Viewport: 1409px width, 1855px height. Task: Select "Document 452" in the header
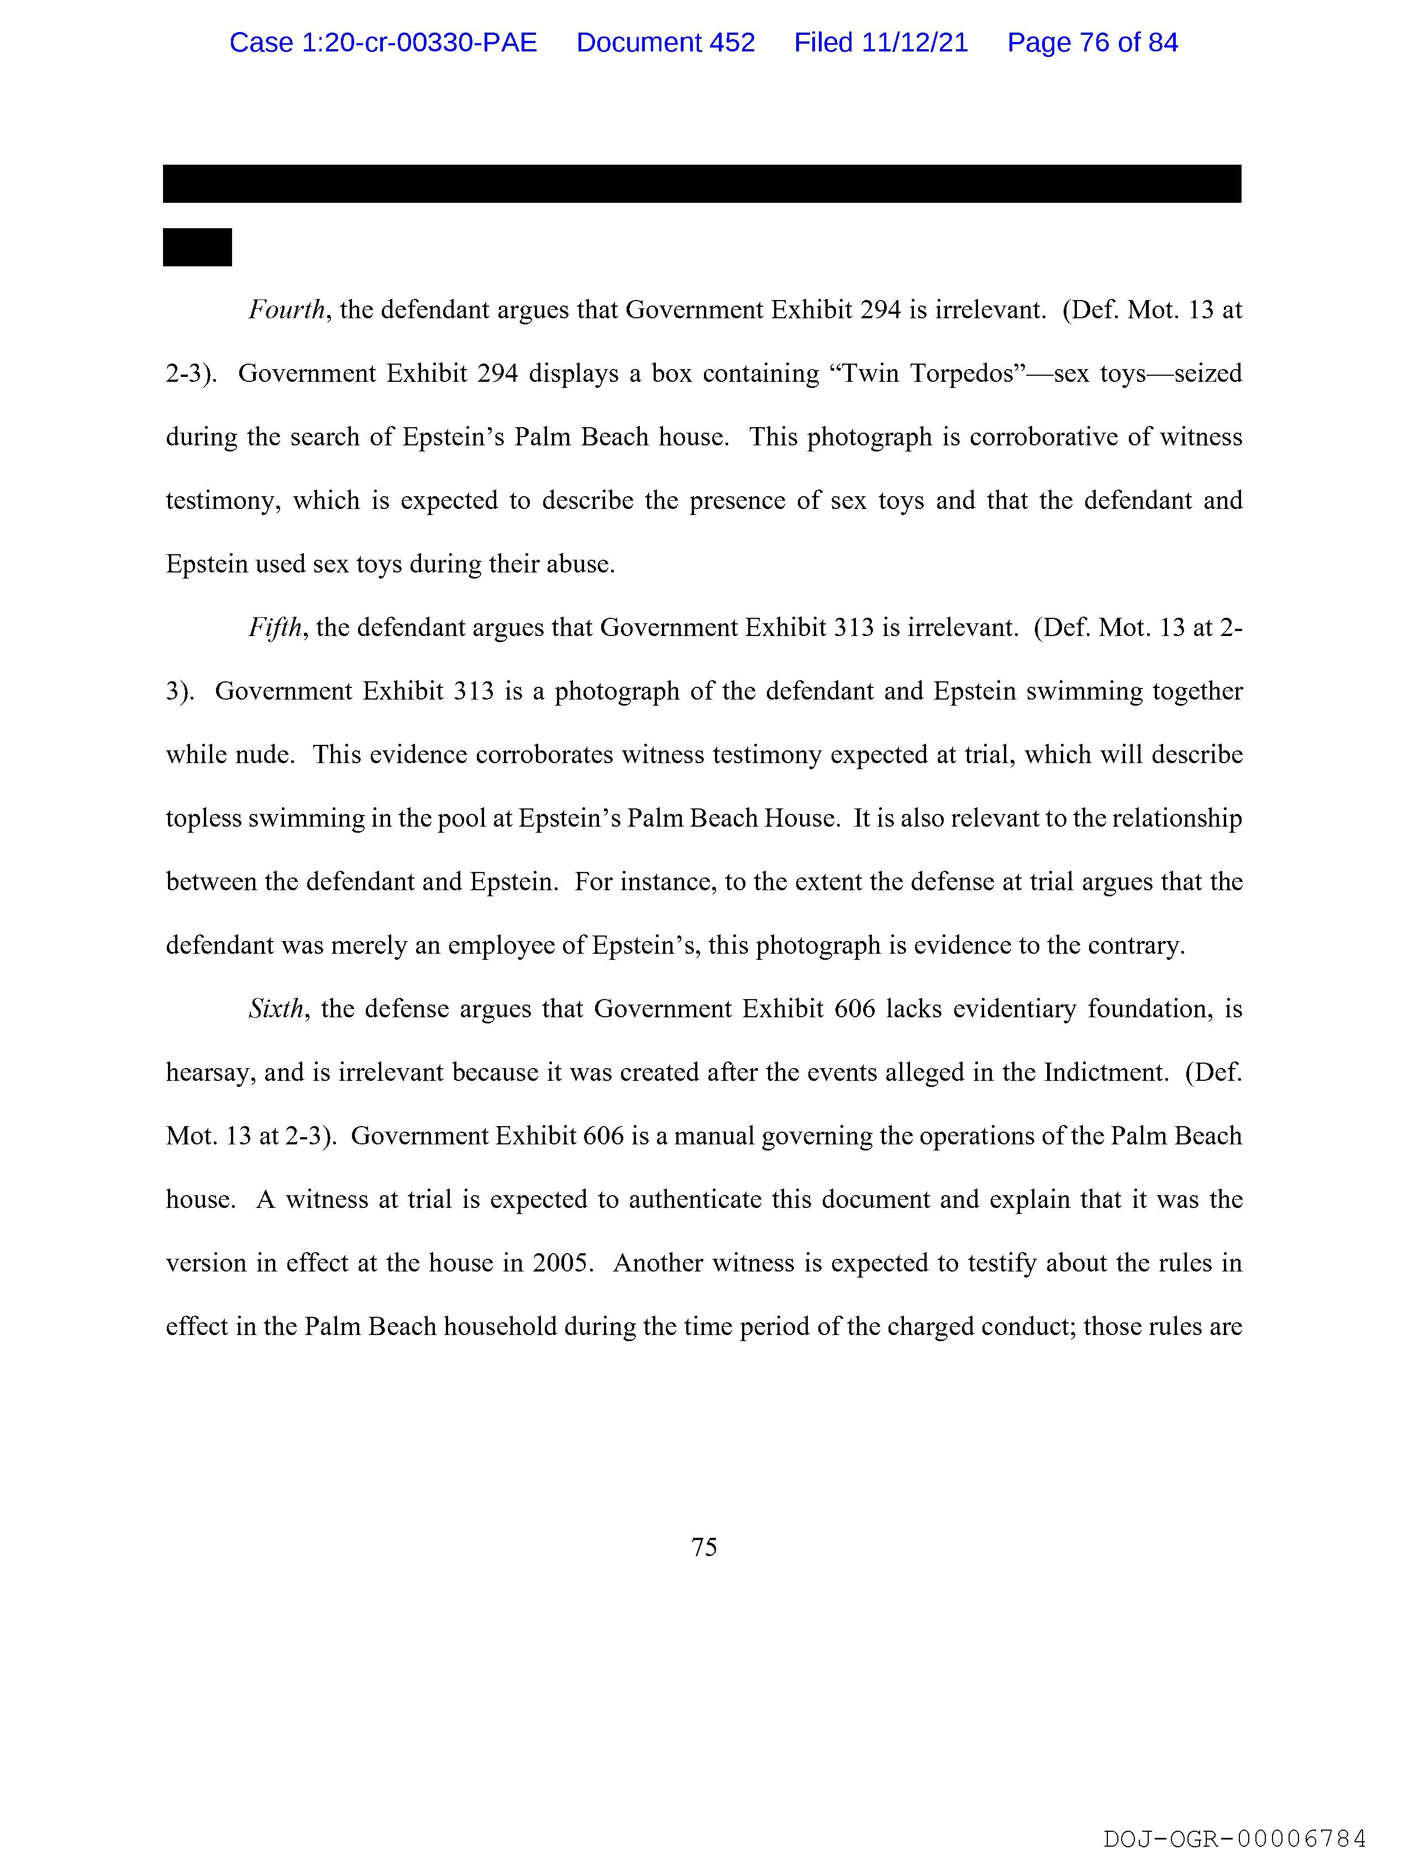[x=665, y=43]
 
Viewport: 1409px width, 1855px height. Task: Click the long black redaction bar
[x=701, y=183]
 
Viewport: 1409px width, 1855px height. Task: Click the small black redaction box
[x=197, y=248]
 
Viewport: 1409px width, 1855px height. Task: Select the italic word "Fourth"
[x=286, y=311]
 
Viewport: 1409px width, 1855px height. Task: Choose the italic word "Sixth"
[x=275, y=1009]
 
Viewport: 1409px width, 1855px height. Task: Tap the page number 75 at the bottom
[x=703, y=1547]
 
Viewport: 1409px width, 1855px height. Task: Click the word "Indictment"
[x=1105, y=1073]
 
